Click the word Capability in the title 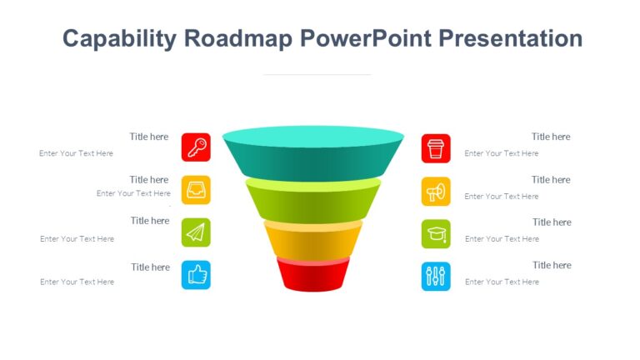[x=119, y=39]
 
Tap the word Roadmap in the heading [x=235, y=39]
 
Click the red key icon [x=196, y=147]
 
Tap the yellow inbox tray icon [x=196, y=190]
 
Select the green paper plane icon [x=196, y=233]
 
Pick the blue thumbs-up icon [x=196, y=275]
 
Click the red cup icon [x=436, y=148]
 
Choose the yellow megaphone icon [x=436, y=192]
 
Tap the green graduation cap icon [x=436, y=234]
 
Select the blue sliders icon [x=436, y=277]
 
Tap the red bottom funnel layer [x=313, y=276]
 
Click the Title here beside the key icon [x=149, y=137]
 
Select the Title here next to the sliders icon [x=552, y=265]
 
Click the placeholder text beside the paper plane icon [x=77, y=239]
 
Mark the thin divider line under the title [x=317, y=74]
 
